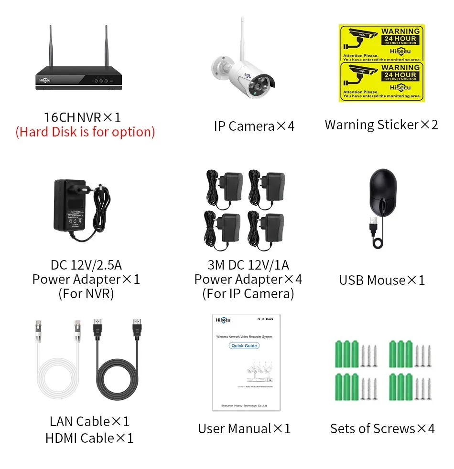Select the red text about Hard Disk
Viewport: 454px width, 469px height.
(x=85, y=132)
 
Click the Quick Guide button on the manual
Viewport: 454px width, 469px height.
(x=244, y=345)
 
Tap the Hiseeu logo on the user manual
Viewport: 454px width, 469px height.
(x=224, y=320)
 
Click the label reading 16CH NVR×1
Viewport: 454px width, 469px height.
(x=82, y=117)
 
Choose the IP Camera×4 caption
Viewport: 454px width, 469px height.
(x=254, y=126)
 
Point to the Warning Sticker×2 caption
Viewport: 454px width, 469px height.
(x=381, y=125)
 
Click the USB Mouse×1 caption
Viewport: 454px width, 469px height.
(x=382, y=280)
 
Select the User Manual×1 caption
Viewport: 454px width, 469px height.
(x=244, y=428)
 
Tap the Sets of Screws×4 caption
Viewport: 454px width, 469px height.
(x=382, y=428)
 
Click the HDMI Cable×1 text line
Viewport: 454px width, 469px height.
(x=89, y=438)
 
